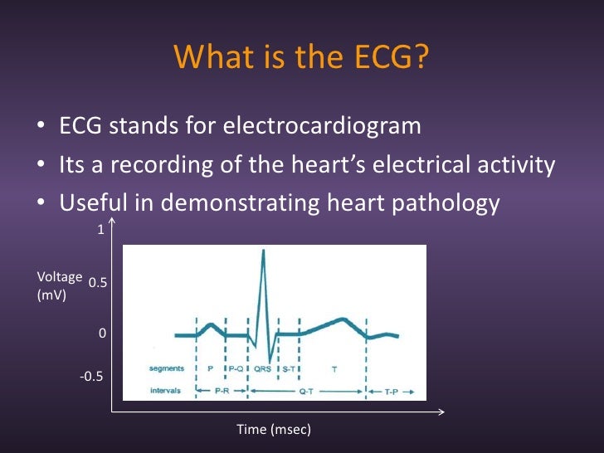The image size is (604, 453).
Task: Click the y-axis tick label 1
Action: click(x=101, y=231)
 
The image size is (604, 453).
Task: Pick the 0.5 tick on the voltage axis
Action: click(x=98, y=283)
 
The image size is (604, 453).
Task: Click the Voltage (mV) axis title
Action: click(x=59, y=285)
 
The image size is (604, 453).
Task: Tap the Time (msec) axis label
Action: click(x=274, y=429)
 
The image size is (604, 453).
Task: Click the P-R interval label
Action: click(x=222, y=389)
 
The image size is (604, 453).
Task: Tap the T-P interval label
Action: click(x=390, y=389)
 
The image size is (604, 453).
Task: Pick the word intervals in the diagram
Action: click(x=167, y=389)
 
